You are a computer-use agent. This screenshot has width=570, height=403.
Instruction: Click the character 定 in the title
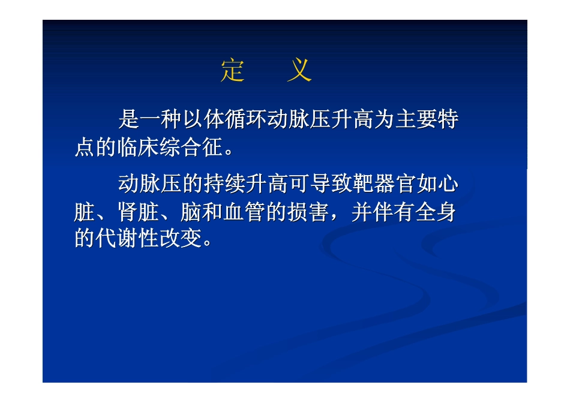coord(233,71)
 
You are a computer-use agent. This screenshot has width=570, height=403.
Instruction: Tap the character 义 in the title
coord(299,71)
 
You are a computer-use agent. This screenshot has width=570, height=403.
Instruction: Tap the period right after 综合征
coord(228,150)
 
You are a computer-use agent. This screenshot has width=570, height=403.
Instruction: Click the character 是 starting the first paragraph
coord(128,119)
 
